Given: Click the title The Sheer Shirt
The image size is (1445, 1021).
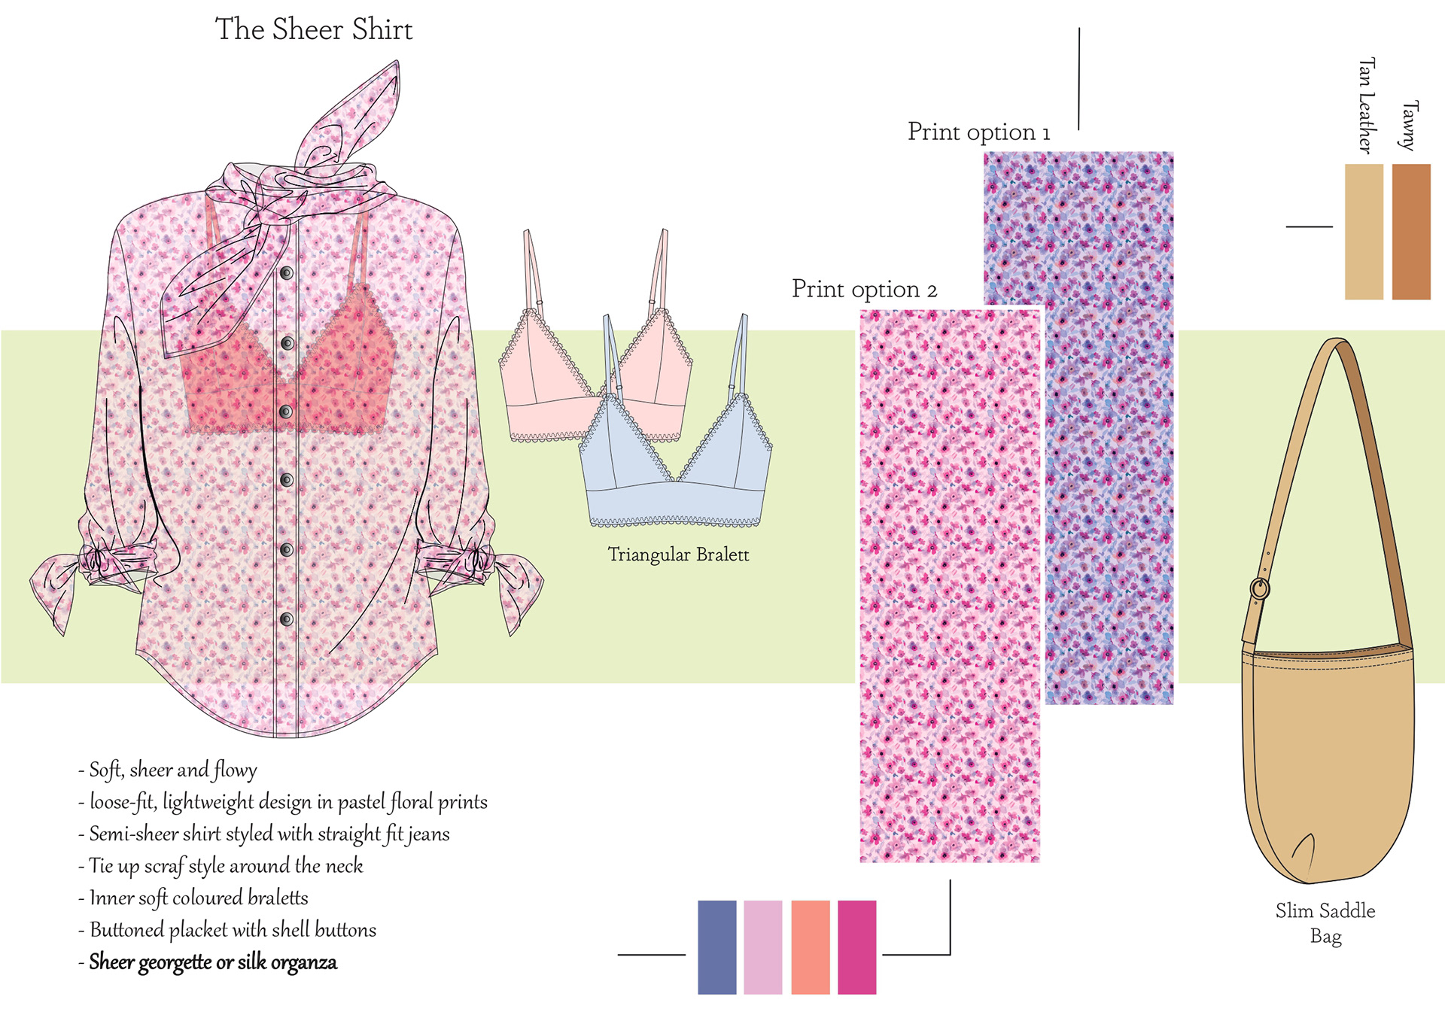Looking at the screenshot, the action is point(314,30).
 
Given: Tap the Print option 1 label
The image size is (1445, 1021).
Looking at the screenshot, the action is point(978,132).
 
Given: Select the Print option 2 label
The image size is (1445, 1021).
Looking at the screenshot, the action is point(864,290).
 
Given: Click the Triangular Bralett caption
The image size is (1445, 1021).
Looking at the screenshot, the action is point(678,555).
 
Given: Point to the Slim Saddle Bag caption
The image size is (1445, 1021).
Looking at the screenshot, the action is point(1325,923).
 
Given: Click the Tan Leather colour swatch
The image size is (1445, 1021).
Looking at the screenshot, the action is point(1364,232).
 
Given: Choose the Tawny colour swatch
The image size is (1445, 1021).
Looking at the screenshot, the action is point(1411,232).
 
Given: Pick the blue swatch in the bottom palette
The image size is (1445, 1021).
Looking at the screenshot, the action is point(716,947).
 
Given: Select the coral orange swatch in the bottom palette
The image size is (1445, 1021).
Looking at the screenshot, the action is point(811,947).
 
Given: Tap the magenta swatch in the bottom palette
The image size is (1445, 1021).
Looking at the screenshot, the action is point(857,947).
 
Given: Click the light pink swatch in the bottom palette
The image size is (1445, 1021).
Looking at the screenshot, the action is point(763,947).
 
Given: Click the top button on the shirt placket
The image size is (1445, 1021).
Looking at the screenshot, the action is point(287,273).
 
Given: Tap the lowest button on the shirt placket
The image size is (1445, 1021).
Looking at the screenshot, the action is point(287,619).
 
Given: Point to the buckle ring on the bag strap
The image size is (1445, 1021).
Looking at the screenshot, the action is point(1259,588).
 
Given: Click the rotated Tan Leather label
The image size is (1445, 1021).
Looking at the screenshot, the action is point(1367,105).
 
